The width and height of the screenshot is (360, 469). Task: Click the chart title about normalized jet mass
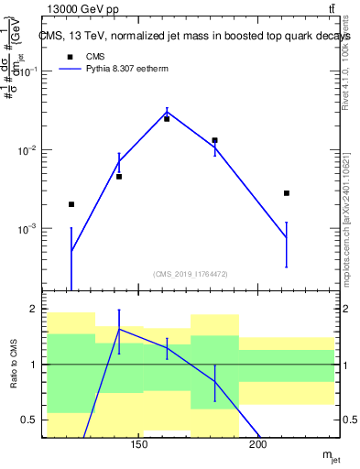[x=188, y=36]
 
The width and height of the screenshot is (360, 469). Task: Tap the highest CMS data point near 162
[x=167, y=118]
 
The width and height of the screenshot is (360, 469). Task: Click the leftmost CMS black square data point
[x=71, y=204]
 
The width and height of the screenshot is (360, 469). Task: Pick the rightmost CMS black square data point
[x=287, y=193]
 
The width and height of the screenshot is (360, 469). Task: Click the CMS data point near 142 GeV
[x=119, y=176]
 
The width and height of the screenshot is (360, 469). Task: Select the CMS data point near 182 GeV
[x=214, y=140]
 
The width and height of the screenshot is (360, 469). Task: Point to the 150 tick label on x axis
[x=139, y=445]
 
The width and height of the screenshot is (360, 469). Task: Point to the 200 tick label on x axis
[x=258, y=445]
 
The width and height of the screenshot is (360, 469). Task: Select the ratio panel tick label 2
[x=36, y=309]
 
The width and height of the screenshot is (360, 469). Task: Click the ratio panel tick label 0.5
[x=33, y=420]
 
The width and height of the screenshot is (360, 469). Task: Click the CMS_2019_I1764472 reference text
[x=190, y=274]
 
